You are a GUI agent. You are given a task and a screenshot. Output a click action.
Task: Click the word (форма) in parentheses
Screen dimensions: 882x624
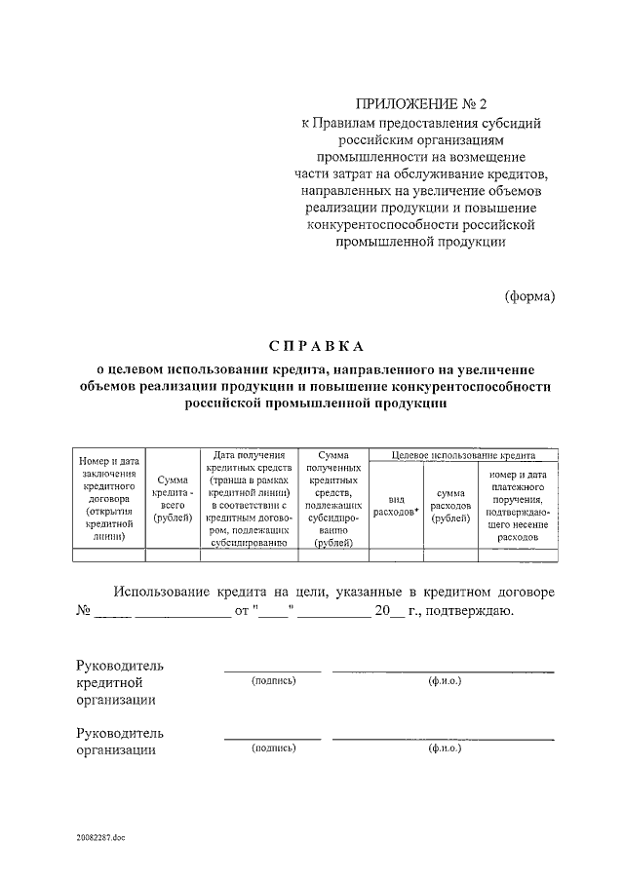coord(530,295)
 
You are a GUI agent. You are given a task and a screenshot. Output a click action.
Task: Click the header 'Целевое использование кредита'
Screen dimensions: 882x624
coord(463,455)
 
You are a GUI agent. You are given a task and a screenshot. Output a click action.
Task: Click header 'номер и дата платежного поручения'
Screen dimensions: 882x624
coord(516,505)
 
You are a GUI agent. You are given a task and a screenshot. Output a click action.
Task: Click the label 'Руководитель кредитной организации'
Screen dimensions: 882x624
coord(120,681)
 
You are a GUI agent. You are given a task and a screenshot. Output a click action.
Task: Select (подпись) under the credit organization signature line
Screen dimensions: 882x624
coord(273,679)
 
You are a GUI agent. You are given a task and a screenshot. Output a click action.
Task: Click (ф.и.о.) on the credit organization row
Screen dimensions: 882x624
coord(444,679)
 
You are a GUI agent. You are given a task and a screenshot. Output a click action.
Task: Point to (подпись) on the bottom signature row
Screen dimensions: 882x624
coord(273,748)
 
